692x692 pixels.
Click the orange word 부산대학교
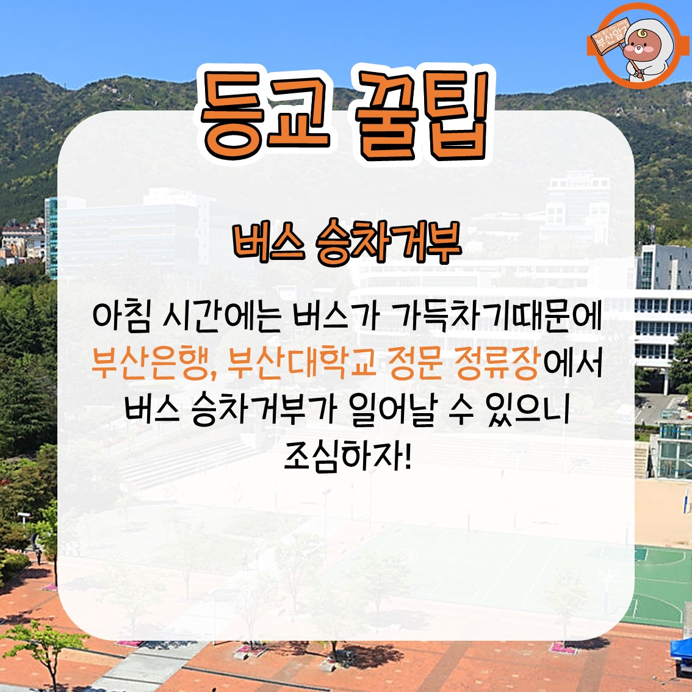[303, 364]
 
